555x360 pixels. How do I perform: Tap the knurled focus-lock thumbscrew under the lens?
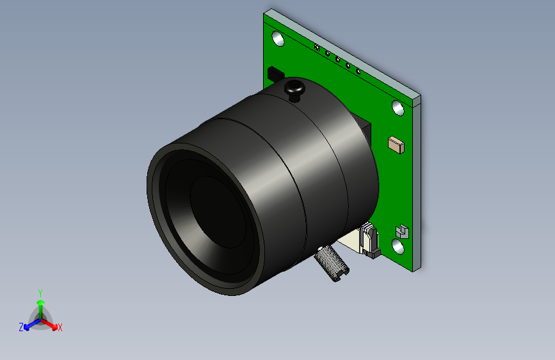(332, 263)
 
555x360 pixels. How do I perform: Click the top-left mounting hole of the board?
(278, 38)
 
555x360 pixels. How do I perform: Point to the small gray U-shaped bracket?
(402, 230)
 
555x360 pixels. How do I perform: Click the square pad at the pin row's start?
(316, 47)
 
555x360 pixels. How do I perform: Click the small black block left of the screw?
(275, 74)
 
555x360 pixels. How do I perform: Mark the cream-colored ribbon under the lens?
(350, 241)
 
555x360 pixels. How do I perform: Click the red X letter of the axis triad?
(60, 327)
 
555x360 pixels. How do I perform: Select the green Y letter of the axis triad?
(40, 292)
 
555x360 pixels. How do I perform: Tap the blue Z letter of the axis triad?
(21, 327)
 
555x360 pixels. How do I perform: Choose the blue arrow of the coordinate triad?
(29, 324)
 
